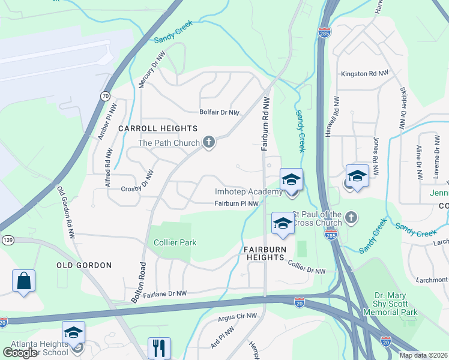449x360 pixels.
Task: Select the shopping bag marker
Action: point(23,281)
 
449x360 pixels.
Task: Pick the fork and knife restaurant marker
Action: point(159,347)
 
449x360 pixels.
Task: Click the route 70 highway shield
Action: point(106,96)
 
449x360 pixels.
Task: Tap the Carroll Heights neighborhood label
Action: point(158,128)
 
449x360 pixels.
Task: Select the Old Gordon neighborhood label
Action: point(84,265)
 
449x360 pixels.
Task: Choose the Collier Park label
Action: point(176,242)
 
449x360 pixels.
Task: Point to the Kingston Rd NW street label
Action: point(364,73)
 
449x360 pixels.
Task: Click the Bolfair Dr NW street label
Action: point(220,112)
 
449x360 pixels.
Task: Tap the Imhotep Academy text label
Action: point(248,192)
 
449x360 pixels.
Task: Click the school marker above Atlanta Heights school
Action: point(73,332)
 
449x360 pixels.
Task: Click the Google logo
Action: point(20,353)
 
